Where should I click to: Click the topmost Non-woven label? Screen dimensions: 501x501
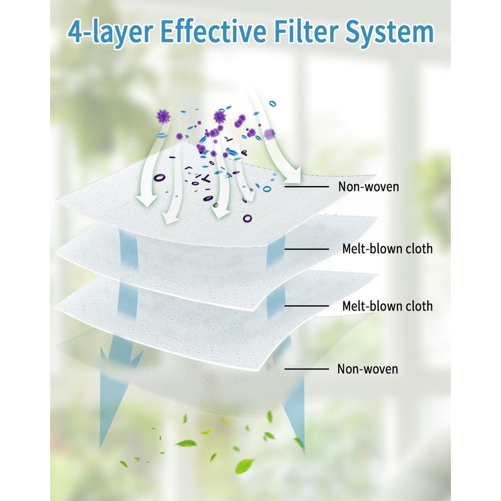[x=368, y=186]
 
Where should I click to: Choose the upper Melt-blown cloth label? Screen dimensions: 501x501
[x=387, y=249]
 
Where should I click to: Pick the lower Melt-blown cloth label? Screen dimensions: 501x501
[x=387, y=306]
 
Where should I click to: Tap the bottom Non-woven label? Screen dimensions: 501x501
[x=368, y=369]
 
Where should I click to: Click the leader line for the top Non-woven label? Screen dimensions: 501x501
[x=307, y=186]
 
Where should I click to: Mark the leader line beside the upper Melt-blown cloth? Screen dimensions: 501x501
[x=307, y=249]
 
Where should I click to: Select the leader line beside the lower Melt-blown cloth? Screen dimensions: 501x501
[x=307, y=306]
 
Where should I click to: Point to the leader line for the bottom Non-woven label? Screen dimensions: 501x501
[x=307, y=369]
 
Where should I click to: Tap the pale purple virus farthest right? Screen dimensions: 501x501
[x=270, y=133]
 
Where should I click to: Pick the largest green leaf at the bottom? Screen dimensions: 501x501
[x=244, y=465]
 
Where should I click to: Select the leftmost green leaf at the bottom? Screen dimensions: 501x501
[x=123, y=464]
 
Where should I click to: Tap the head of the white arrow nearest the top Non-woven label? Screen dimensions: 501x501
[x=294, y=173]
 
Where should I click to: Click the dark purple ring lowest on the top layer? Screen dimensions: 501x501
[x=246, y=219]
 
